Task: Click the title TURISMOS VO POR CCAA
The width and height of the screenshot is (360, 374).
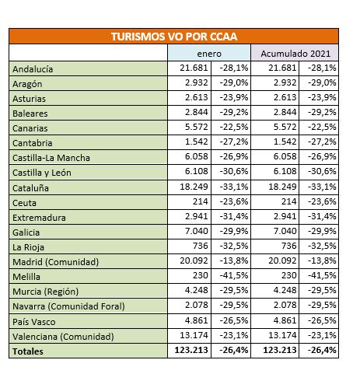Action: point(174,37)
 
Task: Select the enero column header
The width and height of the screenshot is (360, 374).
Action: point(209,54)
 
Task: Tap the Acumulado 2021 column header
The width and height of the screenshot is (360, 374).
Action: point(295,54)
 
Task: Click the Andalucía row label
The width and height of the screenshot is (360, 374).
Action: point(33,69)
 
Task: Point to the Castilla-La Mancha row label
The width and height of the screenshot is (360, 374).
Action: point(51,158)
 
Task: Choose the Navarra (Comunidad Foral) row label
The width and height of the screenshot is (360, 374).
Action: point(68,306)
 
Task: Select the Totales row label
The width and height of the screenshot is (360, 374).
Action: point(28,351)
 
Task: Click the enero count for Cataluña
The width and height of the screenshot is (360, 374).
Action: point(194,187)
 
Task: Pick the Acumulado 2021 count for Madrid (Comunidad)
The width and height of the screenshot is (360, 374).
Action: point(282,260)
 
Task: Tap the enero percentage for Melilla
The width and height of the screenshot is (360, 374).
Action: point(234,275)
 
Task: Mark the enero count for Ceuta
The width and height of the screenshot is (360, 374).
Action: point(200,201)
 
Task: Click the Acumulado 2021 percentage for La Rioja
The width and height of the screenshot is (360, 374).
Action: point(322,246)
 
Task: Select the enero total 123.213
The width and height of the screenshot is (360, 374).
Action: point(191,350)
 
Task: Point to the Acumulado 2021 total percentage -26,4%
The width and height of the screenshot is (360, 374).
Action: point(322,350)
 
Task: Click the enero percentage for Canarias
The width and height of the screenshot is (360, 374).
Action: point(234,127)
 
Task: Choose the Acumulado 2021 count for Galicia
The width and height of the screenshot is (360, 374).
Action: point(285,231)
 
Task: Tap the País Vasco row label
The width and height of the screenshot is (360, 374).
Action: point(34,322)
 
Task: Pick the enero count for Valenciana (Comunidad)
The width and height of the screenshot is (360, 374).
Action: point(194,335)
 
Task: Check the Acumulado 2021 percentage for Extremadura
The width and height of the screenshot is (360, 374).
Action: point(322,216)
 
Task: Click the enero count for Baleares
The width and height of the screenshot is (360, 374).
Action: point(197,112)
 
